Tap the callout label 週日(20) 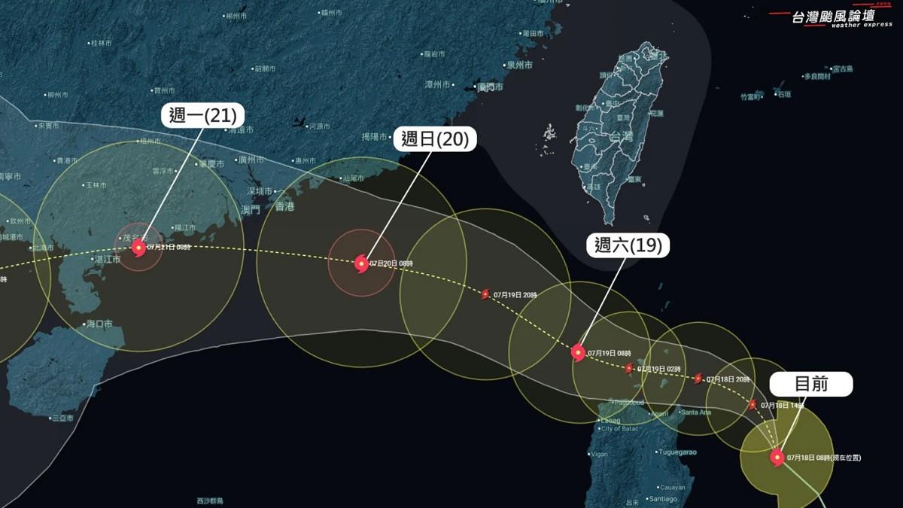435,139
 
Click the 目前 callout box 811,384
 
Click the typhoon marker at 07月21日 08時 138,247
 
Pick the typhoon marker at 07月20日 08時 361,263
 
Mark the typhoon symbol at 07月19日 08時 578,351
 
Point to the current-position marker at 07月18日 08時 777,457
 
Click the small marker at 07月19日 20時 485,294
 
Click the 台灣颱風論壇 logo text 832,17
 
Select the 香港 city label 284,206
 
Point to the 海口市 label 99,324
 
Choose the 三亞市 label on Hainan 62,418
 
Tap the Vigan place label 600,455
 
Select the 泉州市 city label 519,65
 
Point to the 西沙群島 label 211,500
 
